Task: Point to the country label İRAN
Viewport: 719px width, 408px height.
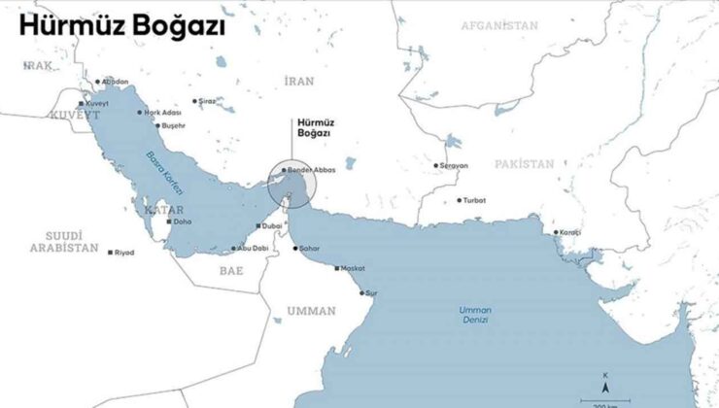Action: click(299, 81)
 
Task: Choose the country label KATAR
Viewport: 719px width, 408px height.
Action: click(163, 209)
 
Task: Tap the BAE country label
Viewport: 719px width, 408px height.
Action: click(231, 270)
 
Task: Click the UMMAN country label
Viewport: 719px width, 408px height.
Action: click(312, 312)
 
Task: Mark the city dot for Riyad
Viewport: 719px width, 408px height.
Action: click(111, 253)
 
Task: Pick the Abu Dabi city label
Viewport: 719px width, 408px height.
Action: click(251, 249)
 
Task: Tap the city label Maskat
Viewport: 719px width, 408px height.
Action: click(354, 268)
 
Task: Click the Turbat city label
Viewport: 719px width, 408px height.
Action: click(473, 201)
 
